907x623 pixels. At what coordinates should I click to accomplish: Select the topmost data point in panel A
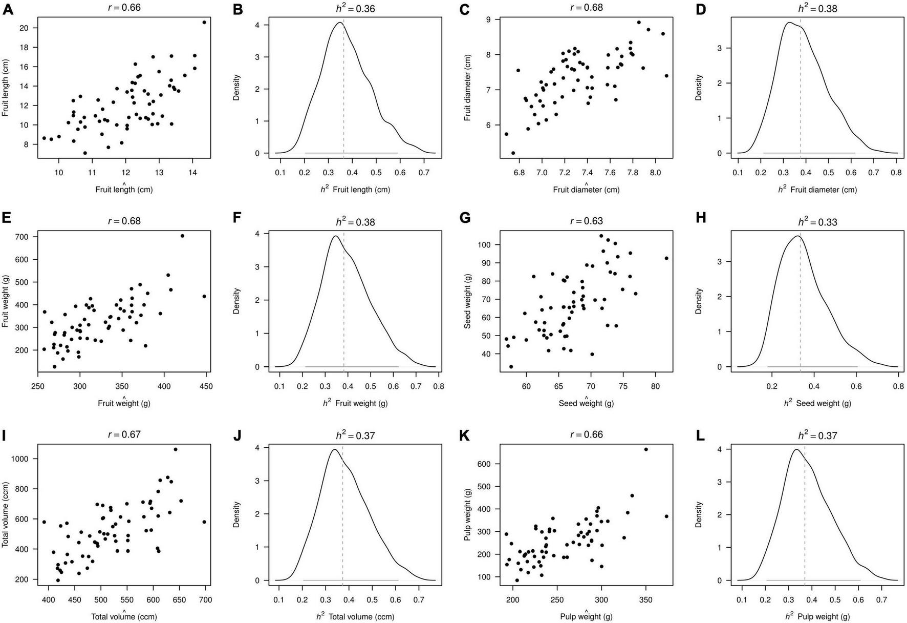pos(204,22)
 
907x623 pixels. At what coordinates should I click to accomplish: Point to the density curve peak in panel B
pos(340,23)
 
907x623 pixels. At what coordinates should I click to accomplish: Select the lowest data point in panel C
pos(513,153)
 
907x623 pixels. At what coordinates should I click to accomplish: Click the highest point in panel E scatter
pos(182,236)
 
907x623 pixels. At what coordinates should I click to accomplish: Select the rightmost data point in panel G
pos(666,258)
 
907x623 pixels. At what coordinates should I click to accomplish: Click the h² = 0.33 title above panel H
pos(817,222)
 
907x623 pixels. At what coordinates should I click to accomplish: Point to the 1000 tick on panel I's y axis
pos(26,459)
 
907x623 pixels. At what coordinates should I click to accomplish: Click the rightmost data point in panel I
pos(204,522)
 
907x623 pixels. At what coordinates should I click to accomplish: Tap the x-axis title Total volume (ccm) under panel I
pos(124,617)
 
